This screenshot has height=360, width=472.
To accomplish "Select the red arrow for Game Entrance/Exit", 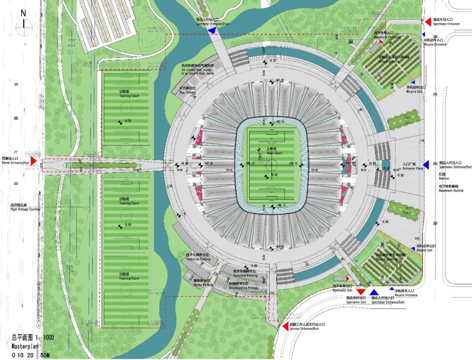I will [33, 161].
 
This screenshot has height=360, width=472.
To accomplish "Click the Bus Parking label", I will [187, 93].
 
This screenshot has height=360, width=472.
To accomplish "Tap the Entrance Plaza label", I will [412, 168].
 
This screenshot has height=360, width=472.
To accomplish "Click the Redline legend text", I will [445, 179].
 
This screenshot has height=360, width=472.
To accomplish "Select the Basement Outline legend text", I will [451, 191].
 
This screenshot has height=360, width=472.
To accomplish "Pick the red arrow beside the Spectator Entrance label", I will [428, 21].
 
